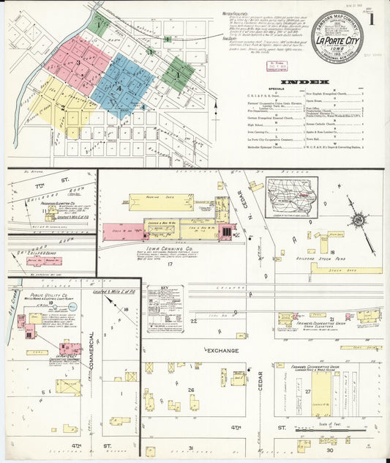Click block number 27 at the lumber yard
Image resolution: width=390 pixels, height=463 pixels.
(317, 393)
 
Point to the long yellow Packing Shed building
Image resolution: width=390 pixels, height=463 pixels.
(161, 201)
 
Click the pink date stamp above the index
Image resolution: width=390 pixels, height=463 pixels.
(276, 66)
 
